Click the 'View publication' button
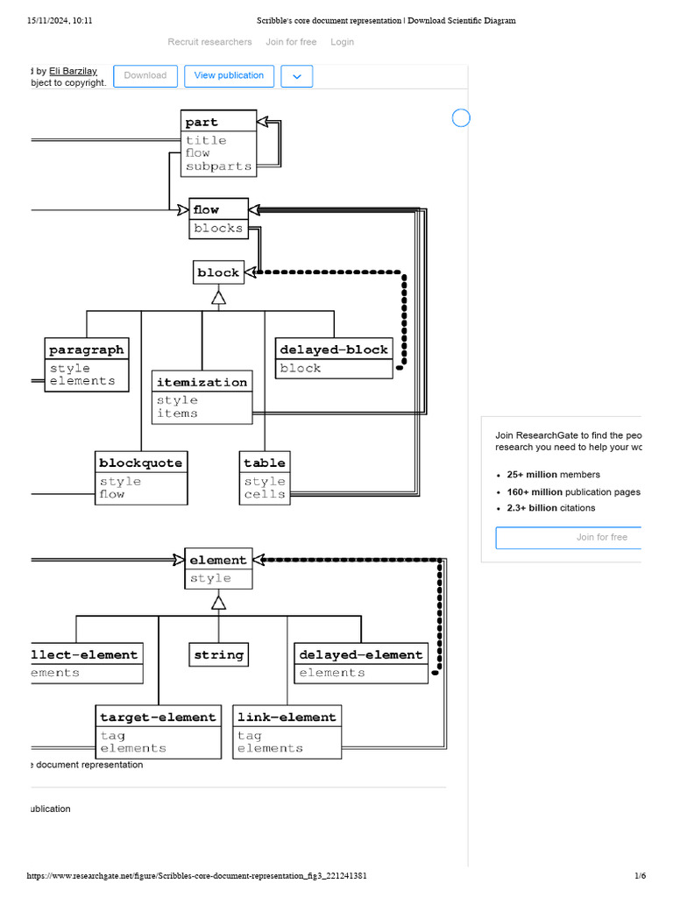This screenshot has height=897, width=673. pos(229,76)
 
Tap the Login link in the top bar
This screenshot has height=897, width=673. pos(342,42)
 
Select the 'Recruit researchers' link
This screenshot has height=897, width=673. pos(209,42)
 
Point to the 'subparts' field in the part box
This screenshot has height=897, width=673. pos(218,166)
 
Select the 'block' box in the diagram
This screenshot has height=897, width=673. pos(218,272)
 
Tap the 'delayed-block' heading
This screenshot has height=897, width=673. pos(333,350)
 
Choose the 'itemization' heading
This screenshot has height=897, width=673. pos(202,382)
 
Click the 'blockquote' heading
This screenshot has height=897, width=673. pos(140,463)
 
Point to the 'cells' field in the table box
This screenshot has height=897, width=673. pos(264,495)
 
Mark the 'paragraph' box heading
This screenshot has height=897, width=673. pos(86,350)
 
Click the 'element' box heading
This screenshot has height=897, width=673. pos(218,560)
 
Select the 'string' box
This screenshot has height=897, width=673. pos(218,654)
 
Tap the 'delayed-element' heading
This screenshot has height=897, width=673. pos(360,654)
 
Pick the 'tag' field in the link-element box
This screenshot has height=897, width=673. pos(249,736)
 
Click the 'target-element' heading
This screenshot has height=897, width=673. pos(158,717)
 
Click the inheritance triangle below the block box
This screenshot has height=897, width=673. pos(218,298)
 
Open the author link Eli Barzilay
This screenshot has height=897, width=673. pos(74,71)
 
